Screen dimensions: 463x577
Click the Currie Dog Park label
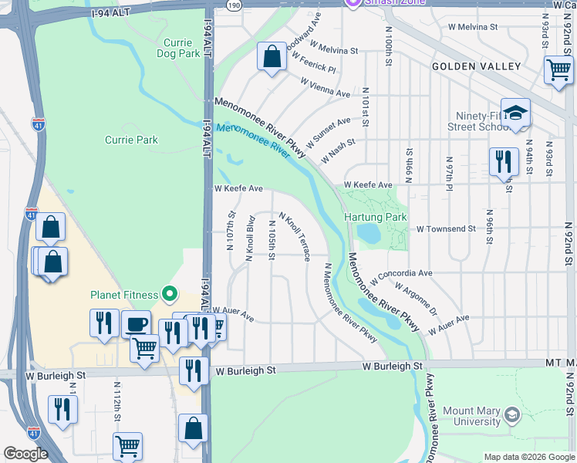pyautogui.click(x=182, y=48)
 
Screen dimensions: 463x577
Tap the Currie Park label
pyautogui.click(x=131, y=140)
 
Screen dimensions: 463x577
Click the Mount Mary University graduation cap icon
pyautogui.click(x=511, y=417)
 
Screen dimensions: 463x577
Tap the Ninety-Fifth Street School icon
pyautogui.click(x=515, y=112)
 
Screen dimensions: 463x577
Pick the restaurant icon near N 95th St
pyautogui.click(x=504, y=162)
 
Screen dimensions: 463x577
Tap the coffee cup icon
pyautogui.click(x=137, y=324)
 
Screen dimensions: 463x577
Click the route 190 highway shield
pyautogui.click(x=235, y=5)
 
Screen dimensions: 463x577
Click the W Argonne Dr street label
pyautogui.click(x=417, y=299)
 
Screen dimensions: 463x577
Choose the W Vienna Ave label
pyautogui.click(x=326, y=87)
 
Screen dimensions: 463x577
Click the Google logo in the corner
pyautogui.click(x=26, y=454)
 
